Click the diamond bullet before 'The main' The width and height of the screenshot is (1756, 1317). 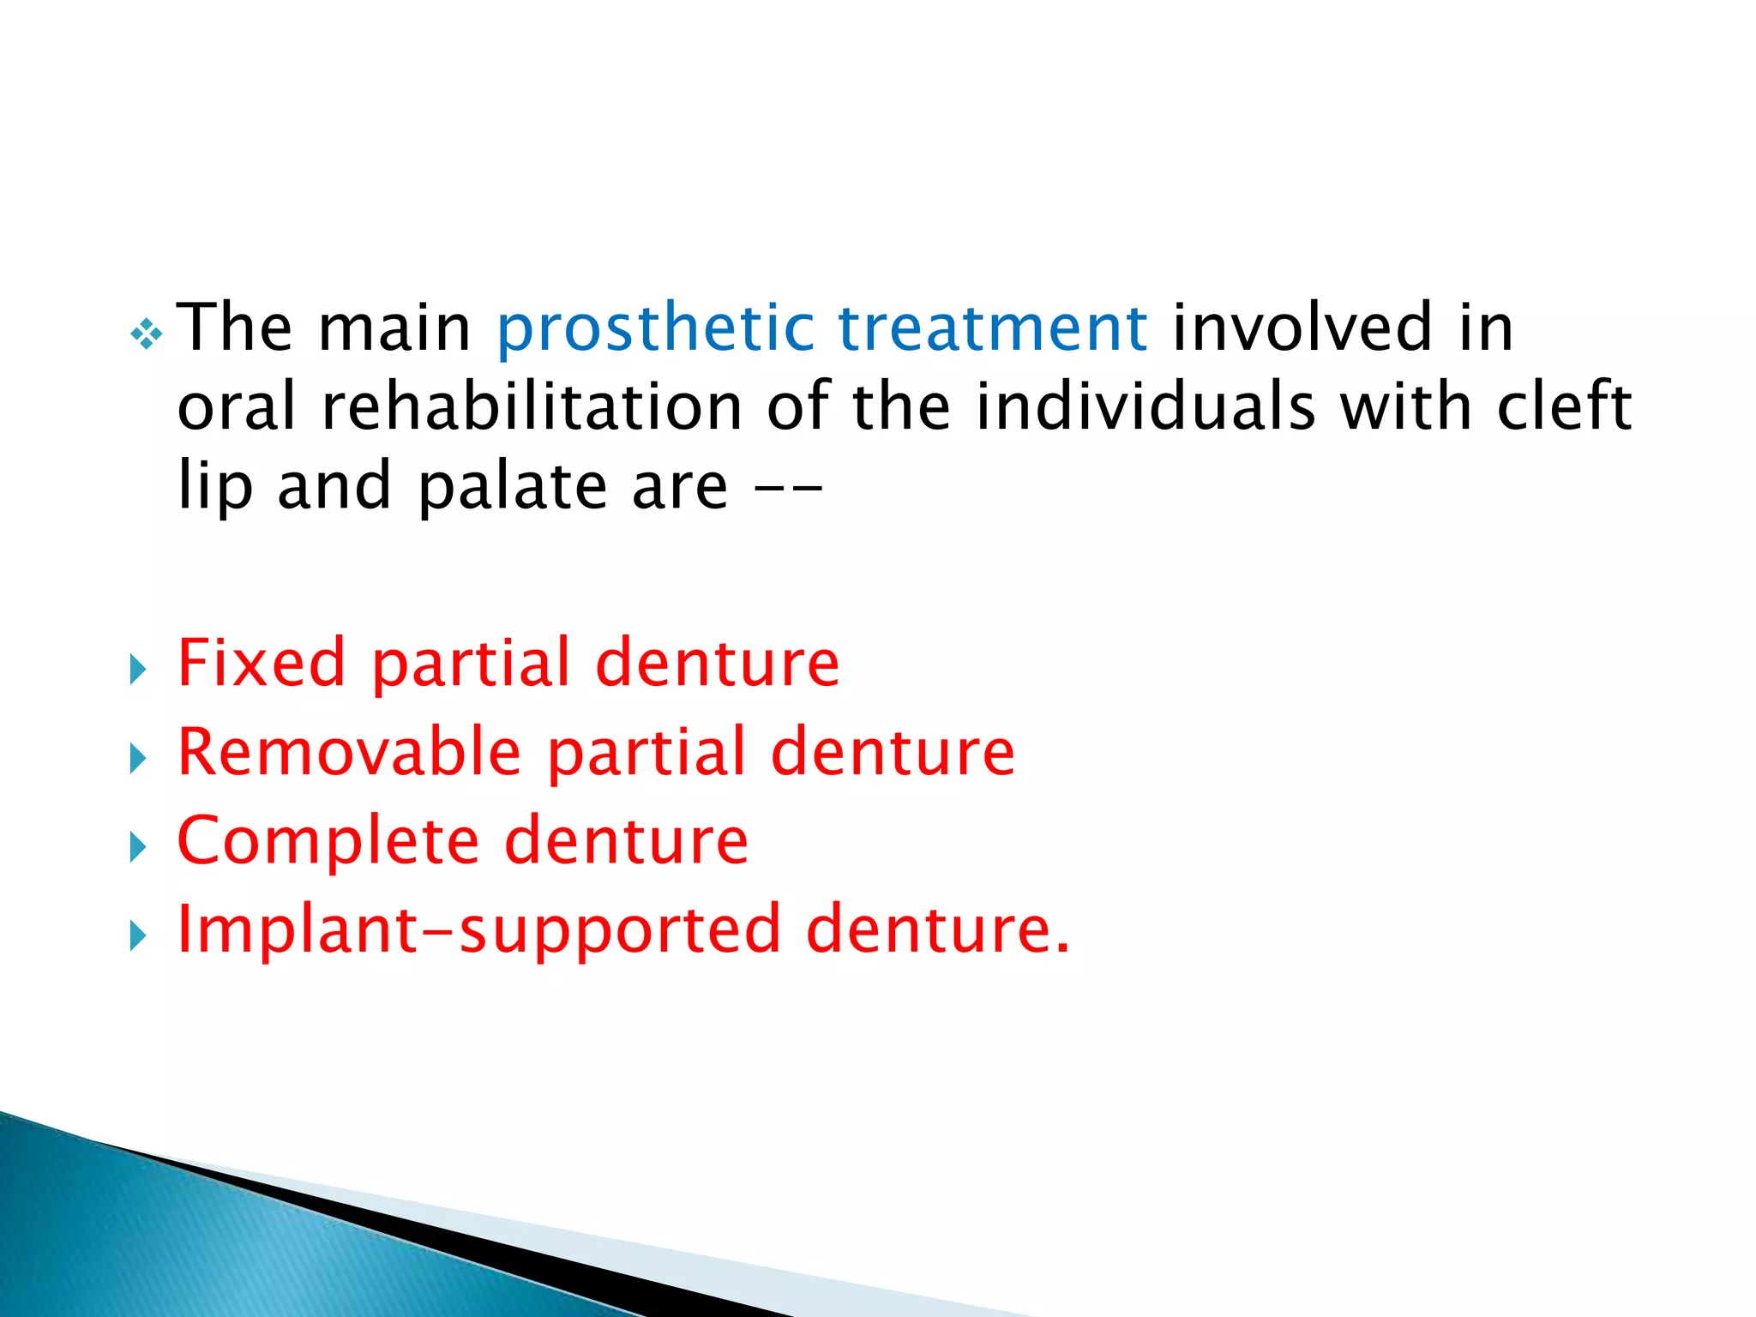pyautogui.click(x=147, y=334)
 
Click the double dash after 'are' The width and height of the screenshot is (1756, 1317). pyautogui.click(x=788, y=489)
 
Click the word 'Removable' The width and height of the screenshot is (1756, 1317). pyautogui.click(x=349, y=752)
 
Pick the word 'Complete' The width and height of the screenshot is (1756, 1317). pyautogui.click(x=328, y=841)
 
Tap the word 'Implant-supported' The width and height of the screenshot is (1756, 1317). pyautogui.click(x=478, y=929)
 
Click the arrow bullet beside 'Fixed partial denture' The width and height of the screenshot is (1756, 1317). pyautogui.click(x=137, y=670)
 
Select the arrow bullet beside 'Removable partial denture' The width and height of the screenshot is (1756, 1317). pyautogui.click(x=137, y=759)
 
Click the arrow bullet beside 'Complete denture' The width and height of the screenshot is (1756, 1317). pyautogui.click(x=137, y=847)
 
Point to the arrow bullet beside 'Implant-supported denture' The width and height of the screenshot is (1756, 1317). pyautogui.click(x=137, y=936)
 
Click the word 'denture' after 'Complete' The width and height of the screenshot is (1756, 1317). pyautogui.click(x=626, y=841)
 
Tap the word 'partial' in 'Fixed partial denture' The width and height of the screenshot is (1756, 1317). pyautogui.click(x=471, y=664)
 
